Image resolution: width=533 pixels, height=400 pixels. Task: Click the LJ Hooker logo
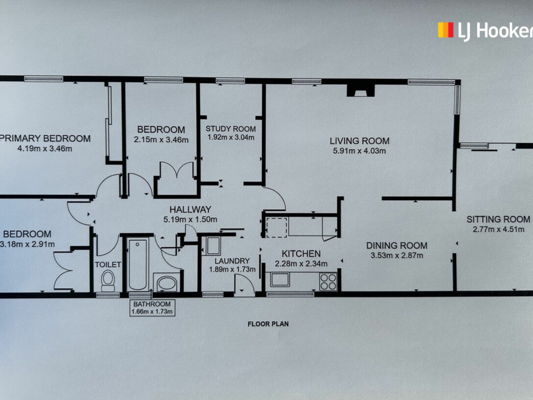[x=485, y=31]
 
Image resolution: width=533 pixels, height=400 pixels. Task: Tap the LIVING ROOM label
[x=359, y=141]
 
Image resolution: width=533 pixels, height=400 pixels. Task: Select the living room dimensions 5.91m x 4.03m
[x=359, y=151]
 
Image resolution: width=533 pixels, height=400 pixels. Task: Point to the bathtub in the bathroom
[x=137, y=264]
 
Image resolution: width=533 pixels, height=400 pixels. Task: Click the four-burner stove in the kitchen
[x=328, y=282]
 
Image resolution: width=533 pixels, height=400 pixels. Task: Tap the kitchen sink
[x=280, y=279]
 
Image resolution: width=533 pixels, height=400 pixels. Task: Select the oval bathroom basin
[x=167, y=283]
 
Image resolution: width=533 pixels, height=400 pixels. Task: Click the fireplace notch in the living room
[x=361, y=90]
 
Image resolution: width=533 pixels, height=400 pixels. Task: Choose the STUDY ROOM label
[x=231, y=129]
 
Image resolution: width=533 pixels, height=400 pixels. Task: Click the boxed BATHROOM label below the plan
[x=152, y=307]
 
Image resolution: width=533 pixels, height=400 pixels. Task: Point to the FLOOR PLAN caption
[x=268, y=324]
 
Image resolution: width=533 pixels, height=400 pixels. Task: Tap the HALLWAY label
[x=190, y=209]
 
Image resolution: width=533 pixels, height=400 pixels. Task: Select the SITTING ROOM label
[x=498, y=219]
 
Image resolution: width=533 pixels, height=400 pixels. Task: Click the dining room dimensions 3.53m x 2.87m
[x=397, y=255]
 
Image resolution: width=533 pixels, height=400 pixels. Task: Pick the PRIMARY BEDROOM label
[x=45, y=138]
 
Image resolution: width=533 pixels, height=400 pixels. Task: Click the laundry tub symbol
[x=213, y=246]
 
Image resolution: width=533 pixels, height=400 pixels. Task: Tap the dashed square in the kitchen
[x=277, y=228]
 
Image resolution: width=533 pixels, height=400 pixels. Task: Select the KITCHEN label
[x=301, y=254]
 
